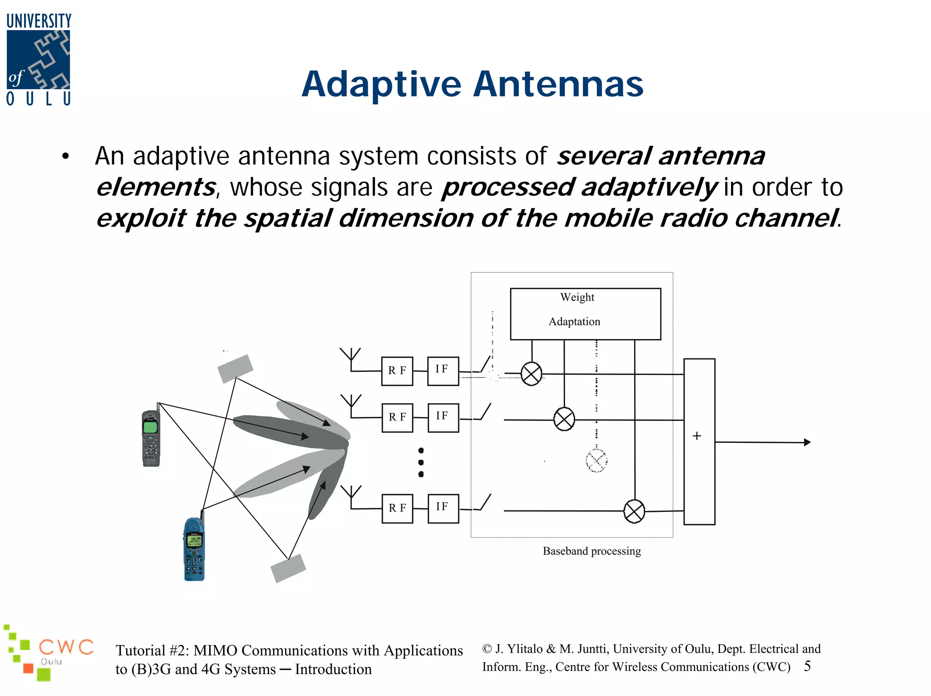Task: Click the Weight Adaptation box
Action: [585, 314]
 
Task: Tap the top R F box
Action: [397, 371]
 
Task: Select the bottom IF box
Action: [443, 508]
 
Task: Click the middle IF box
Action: [443, 417]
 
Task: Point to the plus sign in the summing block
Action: [696, 436]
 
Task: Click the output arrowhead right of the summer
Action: [807, 442]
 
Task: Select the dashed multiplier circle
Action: [596, 461]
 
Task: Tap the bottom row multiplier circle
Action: [634, 511]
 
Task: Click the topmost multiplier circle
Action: [531, 374]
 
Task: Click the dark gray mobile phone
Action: [151, 437]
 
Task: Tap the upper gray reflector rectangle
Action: [235, 369]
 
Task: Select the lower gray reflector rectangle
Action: [288, 568]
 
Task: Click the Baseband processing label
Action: [591, 551]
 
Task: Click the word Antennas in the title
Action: [559, 85]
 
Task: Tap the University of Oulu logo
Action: [39, 60]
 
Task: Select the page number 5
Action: [807, 666]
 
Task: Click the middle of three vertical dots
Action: [421, 462]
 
